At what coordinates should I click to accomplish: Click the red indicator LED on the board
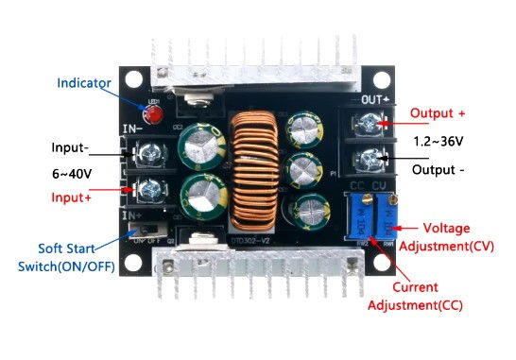click(152, 115)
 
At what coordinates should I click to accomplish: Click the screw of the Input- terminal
click(148, 152)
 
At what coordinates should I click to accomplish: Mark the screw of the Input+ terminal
click(148, 189)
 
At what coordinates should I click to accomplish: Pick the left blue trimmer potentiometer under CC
click(358, 218)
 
